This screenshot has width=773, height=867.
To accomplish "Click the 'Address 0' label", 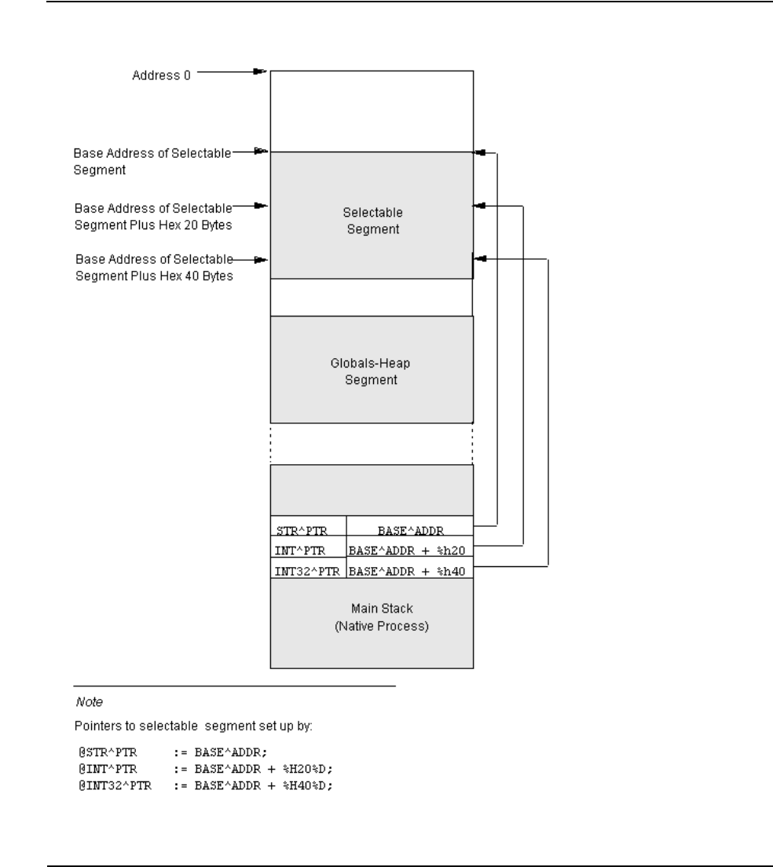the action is click(161, 75).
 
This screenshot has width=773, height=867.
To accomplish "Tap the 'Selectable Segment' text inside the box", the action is click(372, 221).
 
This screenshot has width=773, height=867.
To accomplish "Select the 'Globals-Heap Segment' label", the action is click(371, 371).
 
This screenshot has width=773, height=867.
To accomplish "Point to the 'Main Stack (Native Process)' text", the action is click(382, 617).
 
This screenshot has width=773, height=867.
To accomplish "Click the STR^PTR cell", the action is click(308, 526).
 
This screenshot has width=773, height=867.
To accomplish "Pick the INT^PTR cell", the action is click(308, 547).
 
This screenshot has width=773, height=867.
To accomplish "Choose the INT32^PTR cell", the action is click(308, 568).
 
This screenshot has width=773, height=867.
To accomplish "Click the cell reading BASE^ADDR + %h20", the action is click(410, 547).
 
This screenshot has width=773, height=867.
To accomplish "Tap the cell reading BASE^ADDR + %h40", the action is click(410, 568).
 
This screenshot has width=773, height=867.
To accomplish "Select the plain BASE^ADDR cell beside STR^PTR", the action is click(410, 526).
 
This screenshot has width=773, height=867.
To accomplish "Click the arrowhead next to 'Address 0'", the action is click(260, 71).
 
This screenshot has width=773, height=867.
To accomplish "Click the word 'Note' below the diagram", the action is click(89, 701).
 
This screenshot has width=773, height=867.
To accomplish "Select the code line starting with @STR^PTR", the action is click(173, 752).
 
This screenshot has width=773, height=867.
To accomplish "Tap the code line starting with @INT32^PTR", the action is click(205, 785).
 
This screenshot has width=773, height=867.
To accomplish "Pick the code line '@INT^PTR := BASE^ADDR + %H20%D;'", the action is click(205, 769).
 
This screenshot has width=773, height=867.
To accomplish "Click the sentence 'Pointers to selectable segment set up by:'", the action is click(193, 726).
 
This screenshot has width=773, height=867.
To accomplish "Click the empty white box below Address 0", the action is click(372, 112).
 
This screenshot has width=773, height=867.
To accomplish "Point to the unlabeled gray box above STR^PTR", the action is click(372, 491).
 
